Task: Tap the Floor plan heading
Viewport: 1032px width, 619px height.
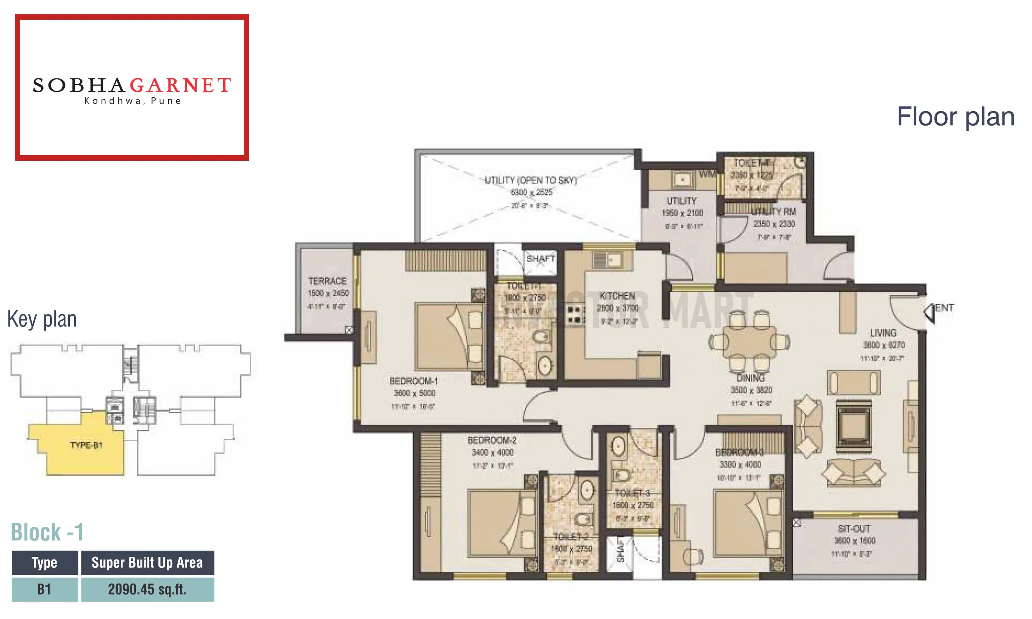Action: (x=955, y=117)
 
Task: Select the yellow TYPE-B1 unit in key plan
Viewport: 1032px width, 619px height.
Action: (x=85, y=445)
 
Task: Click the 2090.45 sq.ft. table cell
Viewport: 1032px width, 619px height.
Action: (x=147, y=589)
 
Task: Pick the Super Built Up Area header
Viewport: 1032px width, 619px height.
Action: (x=147, y=563)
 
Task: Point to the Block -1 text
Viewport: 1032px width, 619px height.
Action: (x=47, y=532)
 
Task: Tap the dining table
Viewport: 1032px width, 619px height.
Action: (x=749, y=342)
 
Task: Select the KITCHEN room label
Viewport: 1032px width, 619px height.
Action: (x=617, y=296)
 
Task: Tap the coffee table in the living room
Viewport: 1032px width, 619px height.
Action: (x=853, y=426)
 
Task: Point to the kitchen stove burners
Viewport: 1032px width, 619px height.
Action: (x=574, y=315)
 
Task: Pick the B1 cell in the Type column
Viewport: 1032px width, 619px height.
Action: (x=44, y=589)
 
